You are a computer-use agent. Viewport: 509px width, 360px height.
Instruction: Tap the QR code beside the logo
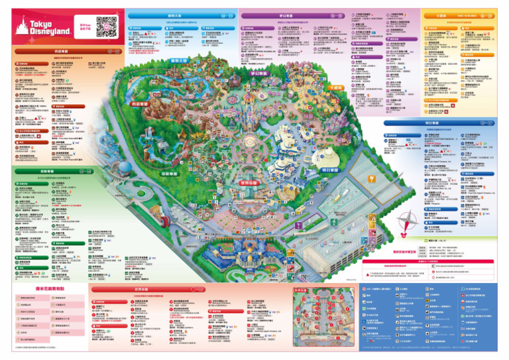tap(106, 26)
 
